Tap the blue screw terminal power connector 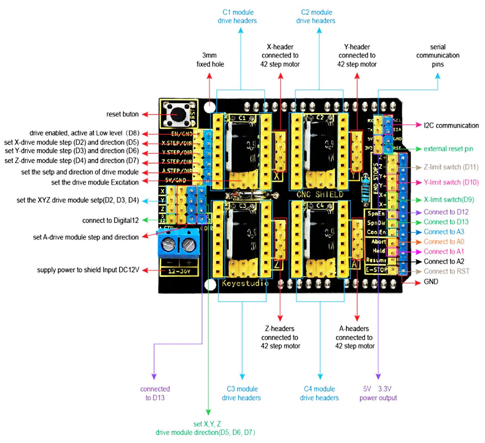coord(179,243)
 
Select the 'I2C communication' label coord(451,125)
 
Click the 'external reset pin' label coord(448,149)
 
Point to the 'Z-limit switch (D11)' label coord(451,167)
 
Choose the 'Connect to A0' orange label coord(444,242)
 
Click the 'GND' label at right coord(431,281)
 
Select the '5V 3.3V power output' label coord(378,393)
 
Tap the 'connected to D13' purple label coord(155,393)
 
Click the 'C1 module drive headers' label coord(237,16)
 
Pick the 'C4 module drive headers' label coord(319,393)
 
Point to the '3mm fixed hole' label coord(210,60)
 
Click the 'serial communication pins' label coord(438,56)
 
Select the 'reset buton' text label coord(122,114)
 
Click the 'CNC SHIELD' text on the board coord(320,194)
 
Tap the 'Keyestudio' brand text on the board coord(245,283)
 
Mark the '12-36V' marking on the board coord(179,271)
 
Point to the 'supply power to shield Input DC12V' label coord(88,270)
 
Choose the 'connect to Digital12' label coord(110,220)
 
